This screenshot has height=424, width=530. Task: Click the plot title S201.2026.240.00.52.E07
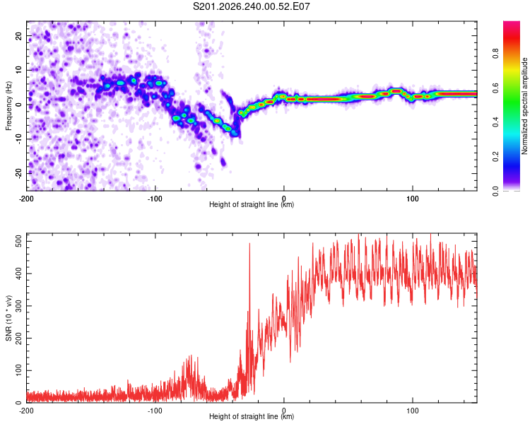click(x=251, y=6)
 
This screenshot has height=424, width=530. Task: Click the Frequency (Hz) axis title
click(x=8, y=106)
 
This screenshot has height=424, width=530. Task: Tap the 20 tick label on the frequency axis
click(x=19, y=35)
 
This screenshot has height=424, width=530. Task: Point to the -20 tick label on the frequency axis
click(x=19, y=174)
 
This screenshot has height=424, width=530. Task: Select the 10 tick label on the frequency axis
click(x=19, y=70)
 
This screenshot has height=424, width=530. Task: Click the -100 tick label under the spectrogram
click(x=155, y=199)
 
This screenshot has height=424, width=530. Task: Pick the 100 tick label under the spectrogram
click(x=413, y=199)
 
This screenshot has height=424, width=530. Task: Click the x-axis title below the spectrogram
click(x=252, y=204)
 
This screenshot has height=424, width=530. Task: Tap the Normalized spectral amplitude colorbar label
click(x=524, y=106)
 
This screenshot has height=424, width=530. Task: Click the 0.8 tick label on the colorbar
click(x=495, y=54)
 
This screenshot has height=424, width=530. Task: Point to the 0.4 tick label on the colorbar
click(x=495, y=122)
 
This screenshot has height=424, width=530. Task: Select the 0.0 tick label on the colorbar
click(x=495, y=192)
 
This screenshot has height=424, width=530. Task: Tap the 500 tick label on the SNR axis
click(x=19, y=242)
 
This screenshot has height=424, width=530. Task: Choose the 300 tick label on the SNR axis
click(x=19, y=306)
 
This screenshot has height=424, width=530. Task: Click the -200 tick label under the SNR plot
click(x=26, y=411)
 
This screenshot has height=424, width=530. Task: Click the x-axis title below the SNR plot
click(x=252, y=416)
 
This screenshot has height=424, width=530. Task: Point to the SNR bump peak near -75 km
click(x=190, y=355)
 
